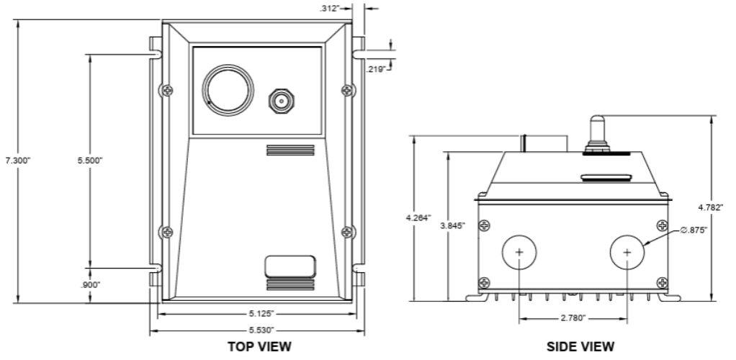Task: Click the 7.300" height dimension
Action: tap(18, 160)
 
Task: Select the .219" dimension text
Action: tap(374, 69)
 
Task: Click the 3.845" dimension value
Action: tap(452, 226)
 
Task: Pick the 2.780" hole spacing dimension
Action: tap(573, 317)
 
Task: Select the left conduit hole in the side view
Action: tap(519, 252)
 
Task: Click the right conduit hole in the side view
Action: tap(627, 252)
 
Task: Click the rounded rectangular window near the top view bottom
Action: tap(290, 266)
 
